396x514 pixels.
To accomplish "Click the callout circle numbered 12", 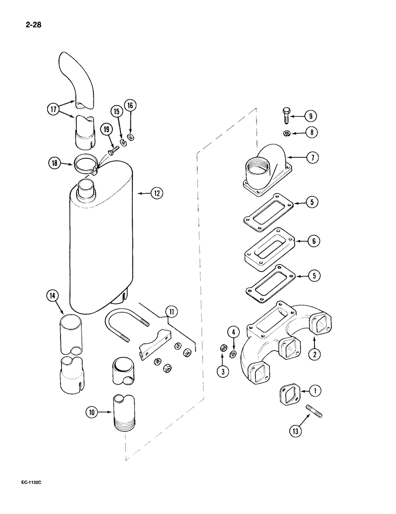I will pos(156,193).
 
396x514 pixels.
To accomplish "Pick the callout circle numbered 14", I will pos(52,296).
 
